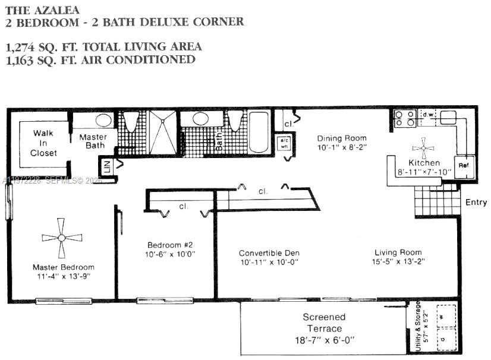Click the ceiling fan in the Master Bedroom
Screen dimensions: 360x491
pos(62,238)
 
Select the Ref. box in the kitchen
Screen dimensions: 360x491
pos(464,167)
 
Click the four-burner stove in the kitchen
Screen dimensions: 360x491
pos(405,119)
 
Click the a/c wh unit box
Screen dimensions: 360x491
pos(284,143)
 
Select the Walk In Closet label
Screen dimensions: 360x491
pos(44,143)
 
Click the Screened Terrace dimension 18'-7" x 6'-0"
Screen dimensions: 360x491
pos(325,340)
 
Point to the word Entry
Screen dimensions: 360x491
pos(476,203)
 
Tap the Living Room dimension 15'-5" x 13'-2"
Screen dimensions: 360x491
pos(398,261)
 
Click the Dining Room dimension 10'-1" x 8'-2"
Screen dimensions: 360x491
pos(341,146)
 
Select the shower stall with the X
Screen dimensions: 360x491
pos(162,131)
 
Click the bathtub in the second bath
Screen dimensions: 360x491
pos(259,132)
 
